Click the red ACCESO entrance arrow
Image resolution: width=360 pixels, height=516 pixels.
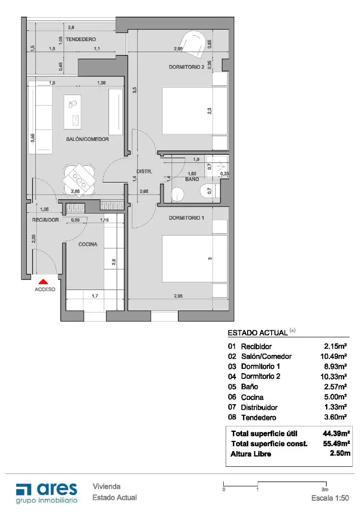pyautogui.click(x=44, y=282)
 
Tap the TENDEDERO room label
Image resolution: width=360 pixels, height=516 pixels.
pyautogui.click(x=81, y=39)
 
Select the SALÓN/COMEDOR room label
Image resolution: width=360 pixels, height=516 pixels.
pyautogui.click(x=87, y=139)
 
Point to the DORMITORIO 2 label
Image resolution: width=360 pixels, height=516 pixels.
pyautogui.click(x=186, y=67)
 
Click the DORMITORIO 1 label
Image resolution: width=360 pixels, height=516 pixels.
pyautogui.click(x=186, y=218)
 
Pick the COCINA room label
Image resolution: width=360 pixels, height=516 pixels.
pyautogui.click(x=88, y=244)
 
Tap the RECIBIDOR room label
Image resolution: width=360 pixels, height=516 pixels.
pyautogui.click(x=45, y=220)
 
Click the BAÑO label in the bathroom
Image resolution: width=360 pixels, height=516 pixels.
pyautogui.click(x=192, y=179)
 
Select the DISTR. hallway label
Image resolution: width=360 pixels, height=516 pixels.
pyautogui.click(x=144, y=172)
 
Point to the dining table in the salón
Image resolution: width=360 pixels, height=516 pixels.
pyautogui.click(x=79, y=180)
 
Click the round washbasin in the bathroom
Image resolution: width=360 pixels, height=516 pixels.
pyautogui.click(x=177, y=194)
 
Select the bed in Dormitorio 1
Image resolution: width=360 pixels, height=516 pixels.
pyautogui.click(x=195, y=258)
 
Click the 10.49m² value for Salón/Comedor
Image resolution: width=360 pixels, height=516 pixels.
pyautogui.click(x=333, y=356)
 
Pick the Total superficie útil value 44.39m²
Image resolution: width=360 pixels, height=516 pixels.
pyautogui.click(x=336, y=433)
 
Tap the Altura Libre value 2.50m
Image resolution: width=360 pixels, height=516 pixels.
pyautogui.click(x=340, y=453)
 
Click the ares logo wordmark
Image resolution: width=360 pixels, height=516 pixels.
pyautogui.click(x=57, y=489)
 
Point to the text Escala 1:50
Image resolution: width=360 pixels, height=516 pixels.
pyautogui.click(x=330, y=498)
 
